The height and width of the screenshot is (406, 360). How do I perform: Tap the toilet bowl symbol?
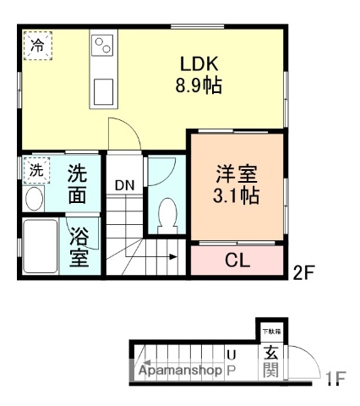click(x=166, y=211)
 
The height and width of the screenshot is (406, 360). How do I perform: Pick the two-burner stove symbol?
click(x=102, y=44)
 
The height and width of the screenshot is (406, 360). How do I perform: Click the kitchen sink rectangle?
click(x=103, y=88)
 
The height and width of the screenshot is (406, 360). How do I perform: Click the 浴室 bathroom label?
click(x=80, y=246)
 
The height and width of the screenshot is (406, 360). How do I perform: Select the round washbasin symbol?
click(x=35, y=199)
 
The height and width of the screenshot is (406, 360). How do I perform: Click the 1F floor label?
click(x=336, y=377)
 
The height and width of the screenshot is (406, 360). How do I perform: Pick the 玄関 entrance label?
click(x=270, y=361)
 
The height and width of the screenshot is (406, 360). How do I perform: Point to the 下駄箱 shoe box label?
click(x=270, y=331)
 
